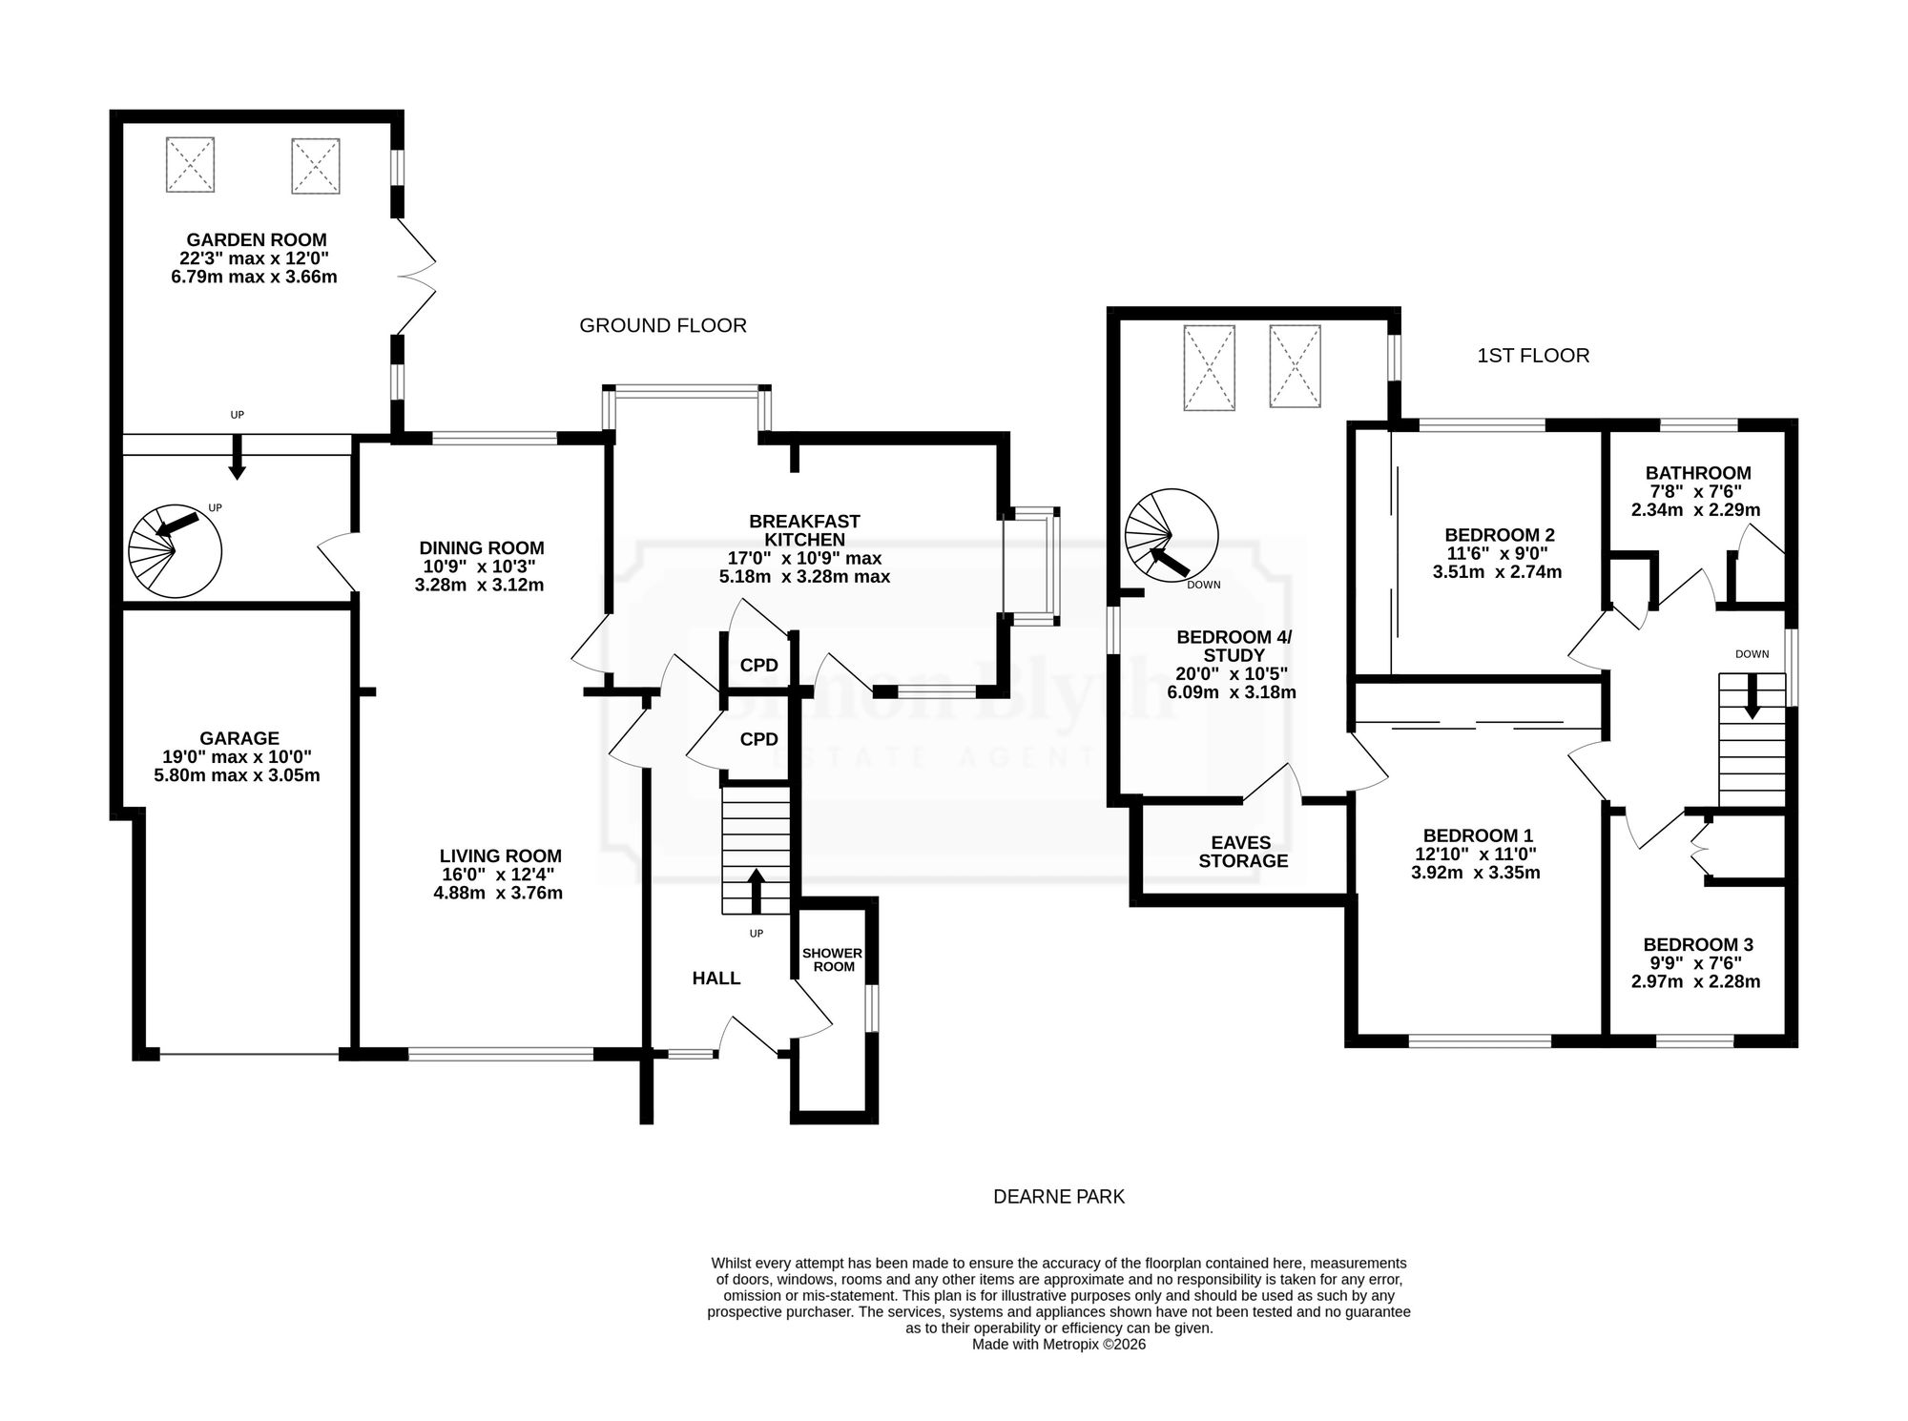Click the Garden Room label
click(257, 240)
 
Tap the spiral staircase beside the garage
click(176, 551)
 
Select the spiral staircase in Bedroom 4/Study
click(1172, 536)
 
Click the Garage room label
click(239, 738)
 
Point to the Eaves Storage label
click(1243, 852)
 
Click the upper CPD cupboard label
click(759, 666)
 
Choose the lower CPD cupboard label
click(759, 739)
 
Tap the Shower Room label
click(833, 959)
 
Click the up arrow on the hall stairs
click(757, 891)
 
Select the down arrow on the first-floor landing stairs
click(1752, 697)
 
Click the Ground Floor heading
click(663, 325)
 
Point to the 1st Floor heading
click(1533, 356)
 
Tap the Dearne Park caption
click(1059, 1196)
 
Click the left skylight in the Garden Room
click(190, 165)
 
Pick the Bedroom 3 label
click(1698, 945)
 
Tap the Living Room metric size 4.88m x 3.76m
click(498, 894)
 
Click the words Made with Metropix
click(1034, 1345)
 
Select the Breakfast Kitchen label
click(804, 530)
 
